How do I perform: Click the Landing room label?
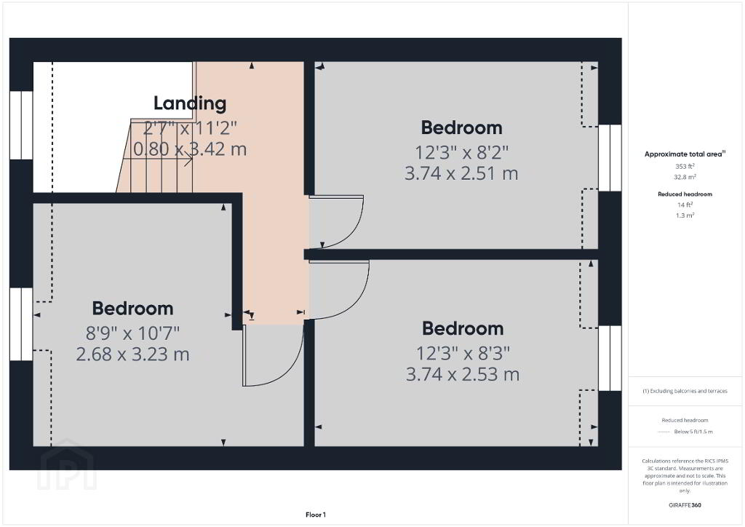[190, 103]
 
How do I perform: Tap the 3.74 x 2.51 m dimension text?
[461, 173]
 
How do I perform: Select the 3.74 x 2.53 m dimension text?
[462, 374]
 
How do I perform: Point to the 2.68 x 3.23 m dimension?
[132, 354]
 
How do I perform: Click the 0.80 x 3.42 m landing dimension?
[190, 149]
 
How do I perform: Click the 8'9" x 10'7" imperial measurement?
[132, 333]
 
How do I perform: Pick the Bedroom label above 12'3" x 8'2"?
[461, 128]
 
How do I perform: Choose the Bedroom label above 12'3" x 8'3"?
[463, 329]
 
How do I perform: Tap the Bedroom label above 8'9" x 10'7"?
[132, 309]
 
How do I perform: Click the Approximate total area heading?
[685, 154]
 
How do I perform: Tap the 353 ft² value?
[685, 166]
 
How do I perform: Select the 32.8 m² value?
[685, 177]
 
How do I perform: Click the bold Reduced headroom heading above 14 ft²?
[685, 194]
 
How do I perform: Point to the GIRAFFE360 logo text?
[685, 505]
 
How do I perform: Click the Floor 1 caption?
[316, 515]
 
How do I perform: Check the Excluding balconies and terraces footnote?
[685, 391]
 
